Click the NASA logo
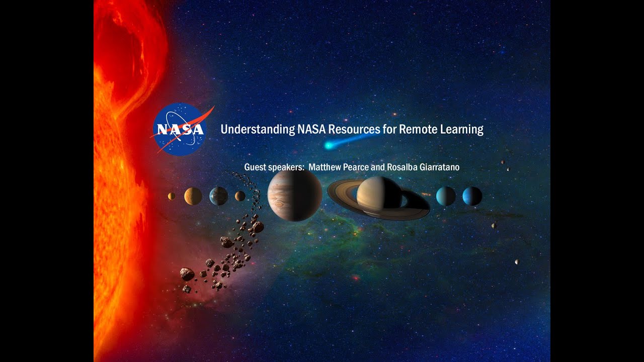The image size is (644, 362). [179, 129]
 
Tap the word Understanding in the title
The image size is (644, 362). [258, 130]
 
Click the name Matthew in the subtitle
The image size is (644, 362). [327, 167]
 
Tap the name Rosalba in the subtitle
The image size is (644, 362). [400, 167]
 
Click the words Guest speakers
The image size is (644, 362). [274, 167]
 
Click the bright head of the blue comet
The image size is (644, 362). [329, 146]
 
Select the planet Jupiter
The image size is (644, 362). [295, 196]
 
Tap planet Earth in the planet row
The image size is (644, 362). [219, 196]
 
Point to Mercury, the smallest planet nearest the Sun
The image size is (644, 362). [172, 196]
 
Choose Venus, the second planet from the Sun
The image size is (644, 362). [193, 196]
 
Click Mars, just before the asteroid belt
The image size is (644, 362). [240, 196]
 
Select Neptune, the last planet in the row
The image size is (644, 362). [472, 196]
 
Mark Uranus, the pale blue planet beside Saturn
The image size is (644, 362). [446, 196]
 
